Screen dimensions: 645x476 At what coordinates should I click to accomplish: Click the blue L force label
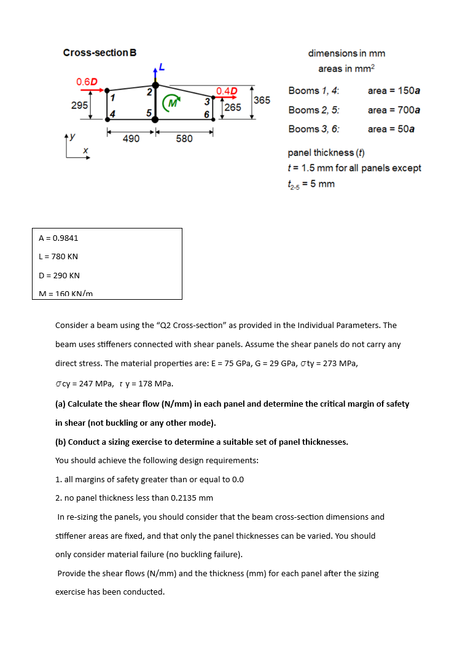point(162,66)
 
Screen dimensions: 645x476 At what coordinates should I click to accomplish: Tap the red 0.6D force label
point(87,82)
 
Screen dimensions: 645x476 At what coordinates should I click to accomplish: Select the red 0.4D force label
point(227,92)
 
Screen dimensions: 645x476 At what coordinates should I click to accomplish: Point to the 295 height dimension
point(79,105)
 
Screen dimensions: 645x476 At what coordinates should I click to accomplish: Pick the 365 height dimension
point(262,100)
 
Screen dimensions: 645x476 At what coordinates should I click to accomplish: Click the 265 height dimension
point(233,107)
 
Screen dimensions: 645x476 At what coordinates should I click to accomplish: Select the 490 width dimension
point(131,139)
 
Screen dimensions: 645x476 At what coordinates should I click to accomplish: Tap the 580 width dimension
point(184,139)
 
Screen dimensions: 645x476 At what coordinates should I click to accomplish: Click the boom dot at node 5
point(155,119)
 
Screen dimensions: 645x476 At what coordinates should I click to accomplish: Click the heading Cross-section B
point(99,53)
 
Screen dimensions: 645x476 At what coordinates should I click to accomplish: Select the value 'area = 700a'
point(394,110)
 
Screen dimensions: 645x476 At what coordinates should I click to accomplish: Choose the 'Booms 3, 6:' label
point(314,129)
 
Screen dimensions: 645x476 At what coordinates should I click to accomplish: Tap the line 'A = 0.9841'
point(58,238)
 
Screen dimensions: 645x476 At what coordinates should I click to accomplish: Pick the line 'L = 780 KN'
point(58,256)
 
